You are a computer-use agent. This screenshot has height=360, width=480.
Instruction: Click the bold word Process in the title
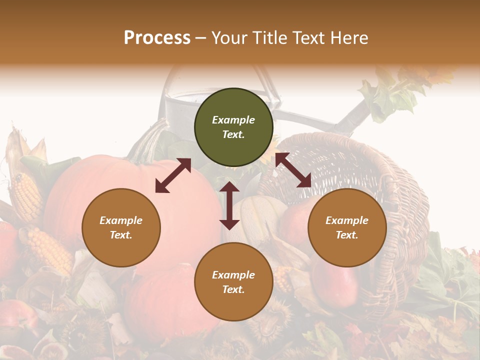coord(157,38)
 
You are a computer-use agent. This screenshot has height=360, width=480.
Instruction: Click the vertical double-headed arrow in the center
coord(229,205)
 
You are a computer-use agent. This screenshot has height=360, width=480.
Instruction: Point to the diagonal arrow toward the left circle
coord(173,175)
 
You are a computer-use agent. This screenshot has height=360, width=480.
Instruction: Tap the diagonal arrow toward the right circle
coord(293,170)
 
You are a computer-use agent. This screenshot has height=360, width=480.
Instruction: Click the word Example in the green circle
coord(233,120)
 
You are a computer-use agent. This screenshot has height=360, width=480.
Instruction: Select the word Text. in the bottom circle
coord(233,289)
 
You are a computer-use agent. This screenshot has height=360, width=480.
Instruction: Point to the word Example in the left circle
coord(121,220)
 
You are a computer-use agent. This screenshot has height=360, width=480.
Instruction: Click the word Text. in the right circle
coord(347,235)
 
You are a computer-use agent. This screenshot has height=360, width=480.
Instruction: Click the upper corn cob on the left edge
coord(25,195)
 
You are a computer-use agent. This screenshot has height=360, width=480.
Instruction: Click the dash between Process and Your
coord(201,38)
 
